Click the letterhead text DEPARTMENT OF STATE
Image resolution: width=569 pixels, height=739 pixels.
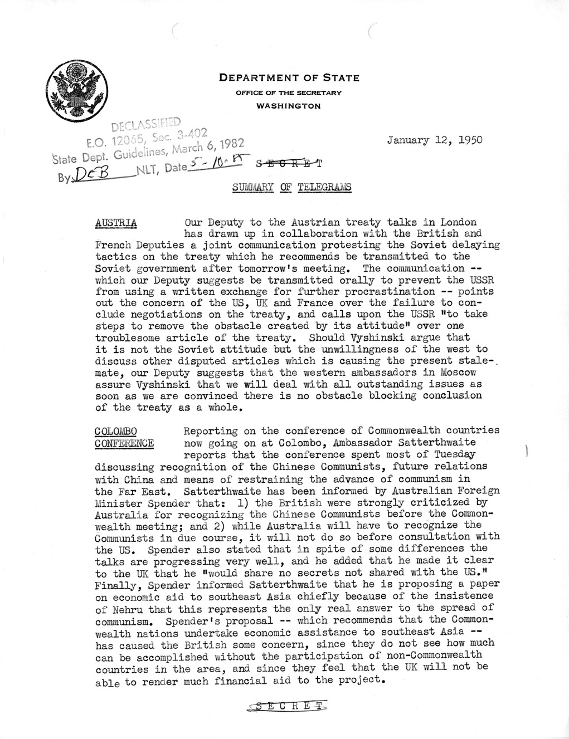pos(289,78)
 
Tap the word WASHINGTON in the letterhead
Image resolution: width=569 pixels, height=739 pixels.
pos(289,105)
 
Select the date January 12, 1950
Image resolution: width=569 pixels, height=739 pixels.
pos(435,140)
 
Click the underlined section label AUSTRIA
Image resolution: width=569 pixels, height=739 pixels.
pos(116,222)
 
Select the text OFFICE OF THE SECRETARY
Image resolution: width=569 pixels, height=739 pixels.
pos(289,92)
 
